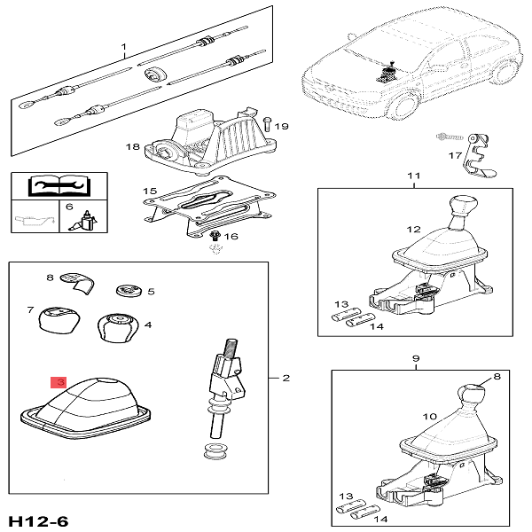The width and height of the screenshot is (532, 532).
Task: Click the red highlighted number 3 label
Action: tap(58, 382)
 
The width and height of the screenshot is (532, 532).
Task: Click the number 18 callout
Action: tap(133, 146)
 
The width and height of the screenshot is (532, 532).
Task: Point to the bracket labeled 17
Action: tap(478, 150)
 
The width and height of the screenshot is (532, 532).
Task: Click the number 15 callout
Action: tap(149, 192)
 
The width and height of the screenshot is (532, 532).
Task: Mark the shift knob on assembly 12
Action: tap(463, 211)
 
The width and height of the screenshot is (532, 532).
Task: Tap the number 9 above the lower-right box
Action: tap(416, 358)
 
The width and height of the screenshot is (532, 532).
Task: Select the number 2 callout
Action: tap(286, 379)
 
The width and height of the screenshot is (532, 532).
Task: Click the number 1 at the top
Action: tap(124, 46)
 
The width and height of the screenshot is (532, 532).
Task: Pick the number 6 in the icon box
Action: tap(69, 206)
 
